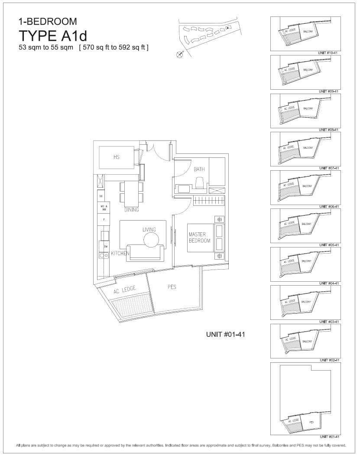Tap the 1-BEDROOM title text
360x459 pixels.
tap(48, 21)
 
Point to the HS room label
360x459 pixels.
tap(116, 157)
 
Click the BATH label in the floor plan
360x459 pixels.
tap(199, 169)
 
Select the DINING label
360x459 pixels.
tap(132, 210)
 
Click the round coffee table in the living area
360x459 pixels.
tap(151, 240)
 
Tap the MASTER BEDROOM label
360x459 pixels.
tap(199, 238)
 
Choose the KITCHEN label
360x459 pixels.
tap(120, 253)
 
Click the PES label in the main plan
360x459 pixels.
tap(172, 286)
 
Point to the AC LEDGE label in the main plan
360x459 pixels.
tap(125, 290)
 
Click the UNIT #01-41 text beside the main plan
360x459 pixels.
tap(225, 334)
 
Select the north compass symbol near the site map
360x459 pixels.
tap(180, 54)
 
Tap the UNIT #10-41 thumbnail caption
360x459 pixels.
tap(329, 53)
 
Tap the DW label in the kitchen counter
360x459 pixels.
tap(106, 246)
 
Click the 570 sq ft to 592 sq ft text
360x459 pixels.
tap(114, 47)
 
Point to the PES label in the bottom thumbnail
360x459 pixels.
tap(311, 421)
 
